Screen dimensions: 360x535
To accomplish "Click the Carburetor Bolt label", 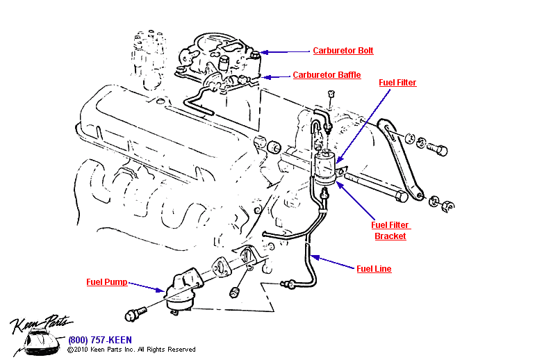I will (343, 51).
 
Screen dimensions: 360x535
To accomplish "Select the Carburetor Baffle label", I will (327, 75).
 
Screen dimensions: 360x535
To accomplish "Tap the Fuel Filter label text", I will (397, 83).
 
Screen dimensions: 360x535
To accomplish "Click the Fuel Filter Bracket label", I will (390, 230).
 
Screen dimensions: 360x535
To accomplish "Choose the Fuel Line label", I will (374, 269).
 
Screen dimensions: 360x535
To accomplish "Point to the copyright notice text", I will (131, 350).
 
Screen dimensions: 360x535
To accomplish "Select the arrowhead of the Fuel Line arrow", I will (315, 256).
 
